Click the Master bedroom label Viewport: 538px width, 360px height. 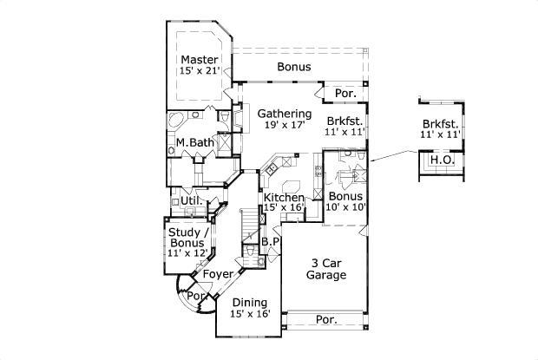click(x=199, y=59)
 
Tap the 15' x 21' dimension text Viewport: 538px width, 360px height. click(x=199, y=71)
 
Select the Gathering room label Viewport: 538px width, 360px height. click(x=284, y=114)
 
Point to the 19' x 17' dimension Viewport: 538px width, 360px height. click(x=284, y=126)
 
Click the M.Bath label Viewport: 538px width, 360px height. click(x=194, y=142)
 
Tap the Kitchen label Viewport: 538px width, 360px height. click(x=284, y=197)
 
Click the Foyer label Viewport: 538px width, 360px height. click(x=217, y=274)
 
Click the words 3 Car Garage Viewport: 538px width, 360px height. click(x=326, y=269)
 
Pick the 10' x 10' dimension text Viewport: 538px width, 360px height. click(x=344, y=208)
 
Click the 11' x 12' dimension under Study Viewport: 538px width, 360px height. click(x=188, y=253)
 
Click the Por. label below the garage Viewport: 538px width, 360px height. click(x=326, y=320)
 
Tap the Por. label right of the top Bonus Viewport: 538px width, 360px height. click(x=345, y=91)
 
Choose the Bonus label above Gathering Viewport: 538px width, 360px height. click(x=294, y=66)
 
